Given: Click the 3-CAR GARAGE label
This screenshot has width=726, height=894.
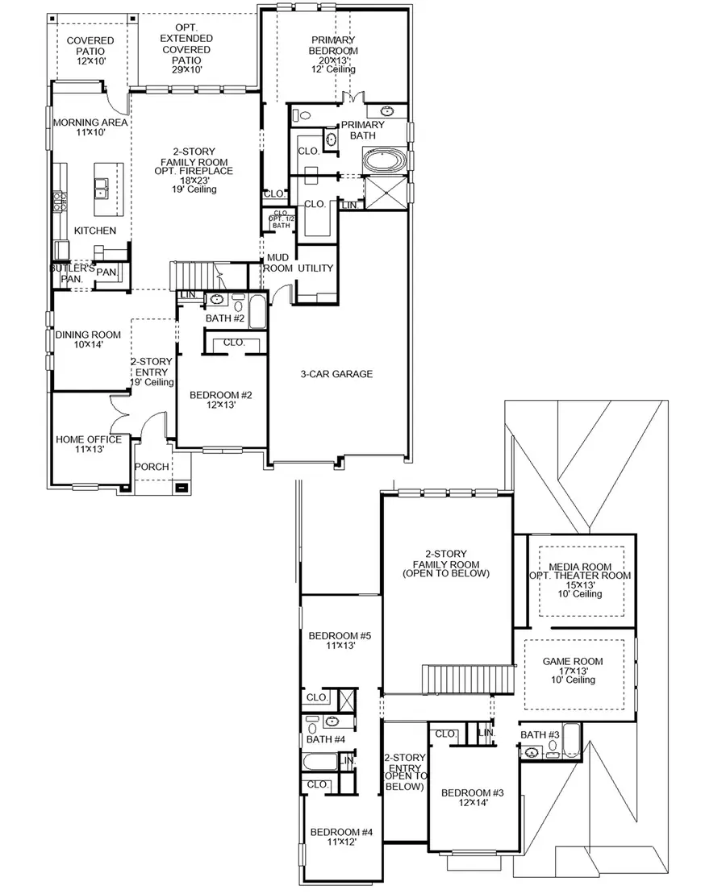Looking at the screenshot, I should (x=336, y=374).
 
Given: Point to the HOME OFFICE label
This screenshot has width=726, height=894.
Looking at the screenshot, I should (x=89, y=444).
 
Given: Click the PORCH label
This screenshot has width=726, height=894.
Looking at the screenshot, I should (x=152, y=466).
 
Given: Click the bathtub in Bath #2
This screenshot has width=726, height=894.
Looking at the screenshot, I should (x=257, y=312).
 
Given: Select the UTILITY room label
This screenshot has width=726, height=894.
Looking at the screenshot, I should (x=315, y=268).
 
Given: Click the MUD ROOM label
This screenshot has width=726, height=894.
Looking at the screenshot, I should (x=278, y=263).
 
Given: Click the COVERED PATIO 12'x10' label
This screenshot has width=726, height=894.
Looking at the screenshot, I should (x=90, y=50).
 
